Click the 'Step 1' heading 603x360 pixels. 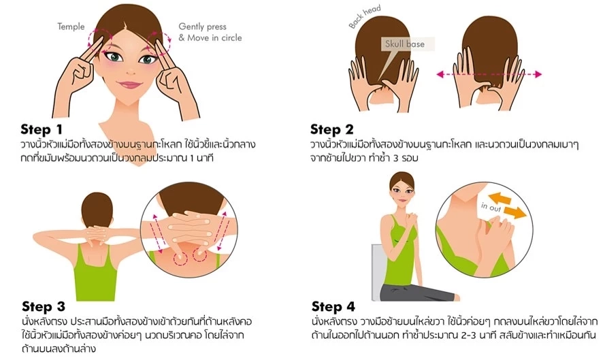pos(42,129)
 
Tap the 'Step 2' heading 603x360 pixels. pos(332,129)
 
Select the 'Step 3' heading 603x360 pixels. pos(44,306)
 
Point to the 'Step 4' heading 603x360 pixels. pos(333,306)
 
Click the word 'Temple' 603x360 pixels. pos(71,27)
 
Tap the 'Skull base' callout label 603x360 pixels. pos(405,44)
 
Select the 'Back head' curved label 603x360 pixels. pos(365,16)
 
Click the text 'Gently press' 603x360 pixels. pos(202,27)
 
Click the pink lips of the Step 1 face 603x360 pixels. pos(129,84)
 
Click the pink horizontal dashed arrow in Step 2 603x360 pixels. pos(489,74)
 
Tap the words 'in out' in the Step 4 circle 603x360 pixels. pos(491,207)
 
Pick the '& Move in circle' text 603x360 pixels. pos(210,37)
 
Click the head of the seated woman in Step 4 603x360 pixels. pos(402,189)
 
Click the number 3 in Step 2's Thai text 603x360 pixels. pos(396,159)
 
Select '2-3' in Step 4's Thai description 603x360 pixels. pos(469,334)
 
